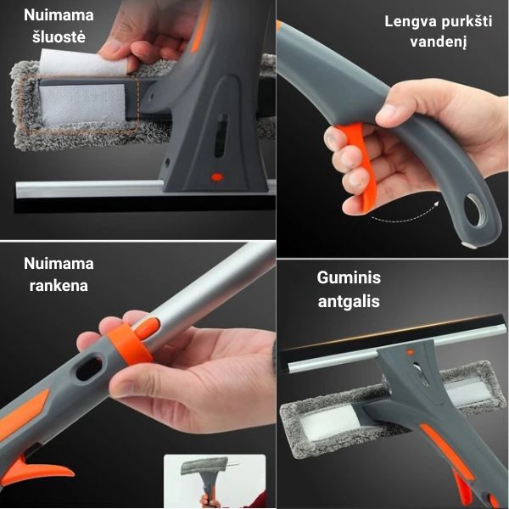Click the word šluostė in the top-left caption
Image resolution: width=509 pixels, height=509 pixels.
click(x=59, y=36)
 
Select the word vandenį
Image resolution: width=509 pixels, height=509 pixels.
click(x=439, y=42)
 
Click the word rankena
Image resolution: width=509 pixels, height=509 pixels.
click(x=59, y=286)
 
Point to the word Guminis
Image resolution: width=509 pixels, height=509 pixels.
click(x=349, y=277)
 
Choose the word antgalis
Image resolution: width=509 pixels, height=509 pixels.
click(x=349, y=301)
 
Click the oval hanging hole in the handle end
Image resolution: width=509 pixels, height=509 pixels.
click(x=476, y=210)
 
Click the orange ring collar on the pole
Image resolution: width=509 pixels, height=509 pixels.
click(x=130, y=344)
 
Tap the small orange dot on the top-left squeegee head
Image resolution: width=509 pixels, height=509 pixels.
click(x=217, y=177)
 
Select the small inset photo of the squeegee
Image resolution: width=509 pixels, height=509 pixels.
click(x=215, y=481)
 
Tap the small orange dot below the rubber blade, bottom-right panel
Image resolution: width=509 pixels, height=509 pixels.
click(x=411, y=351)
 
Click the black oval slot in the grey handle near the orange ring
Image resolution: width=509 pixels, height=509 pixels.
click(x=88, y=369)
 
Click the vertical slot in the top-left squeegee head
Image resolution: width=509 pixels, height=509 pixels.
click(x=221, y=136)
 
